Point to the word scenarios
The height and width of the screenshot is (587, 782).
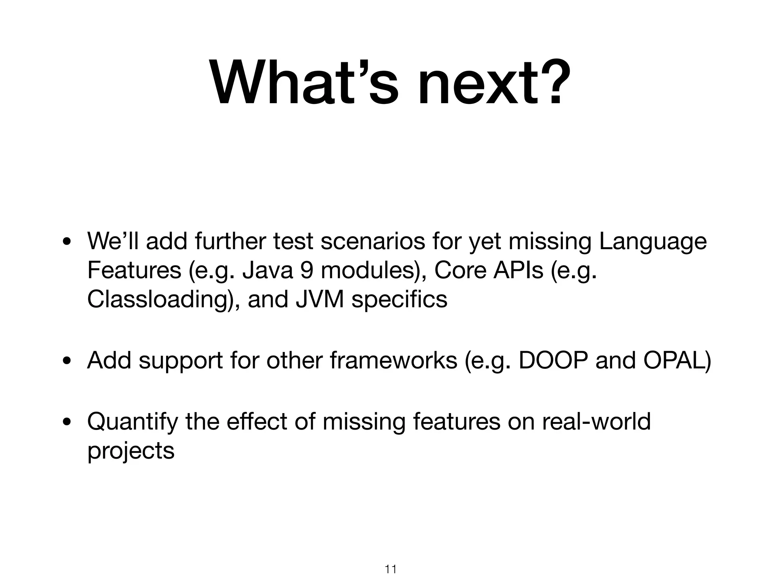373,242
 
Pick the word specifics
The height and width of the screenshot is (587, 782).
399,299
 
